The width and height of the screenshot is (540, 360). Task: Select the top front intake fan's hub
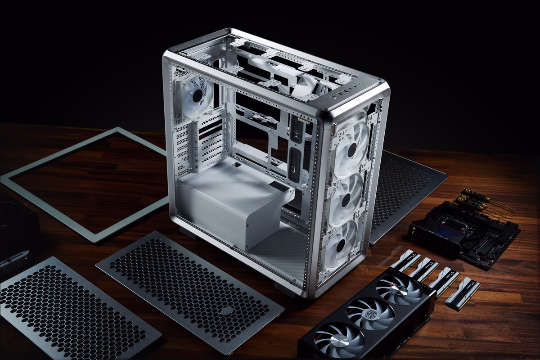click(352, 151)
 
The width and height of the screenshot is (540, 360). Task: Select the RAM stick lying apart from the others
click(463, 293)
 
